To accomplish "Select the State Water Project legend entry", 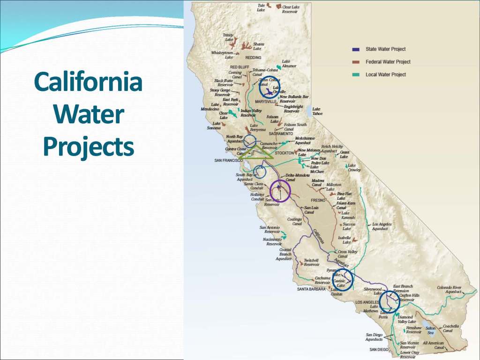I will click(385, 49).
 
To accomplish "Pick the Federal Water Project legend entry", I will click(388, 62).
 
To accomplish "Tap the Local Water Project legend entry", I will click(385, 75).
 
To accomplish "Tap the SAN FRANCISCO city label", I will click(228, 160).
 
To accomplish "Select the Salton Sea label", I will click(430, 330).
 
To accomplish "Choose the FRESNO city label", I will click(318, 200).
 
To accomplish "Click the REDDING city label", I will click(253, 58).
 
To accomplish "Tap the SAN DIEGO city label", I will click(379, 350).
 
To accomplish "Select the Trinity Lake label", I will click(228, 37).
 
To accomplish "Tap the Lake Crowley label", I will click(354, 168).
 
